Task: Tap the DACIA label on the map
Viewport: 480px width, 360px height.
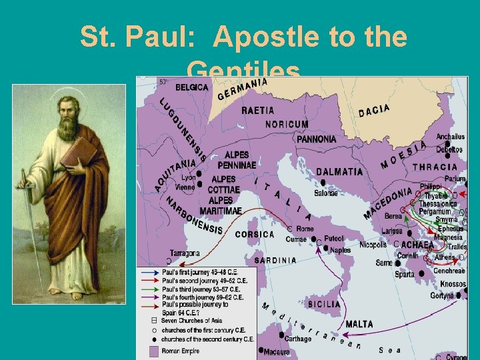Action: tap(374, 111)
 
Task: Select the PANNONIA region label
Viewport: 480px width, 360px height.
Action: tap(317, 139)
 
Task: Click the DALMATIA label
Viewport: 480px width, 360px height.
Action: tap(339, 171)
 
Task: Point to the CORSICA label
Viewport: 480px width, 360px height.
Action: tap(255, 235)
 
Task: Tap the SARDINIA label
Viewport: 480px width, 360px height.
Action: tap(275, 260)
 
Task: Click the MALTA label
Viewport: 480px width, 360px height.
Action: tap(359, 324)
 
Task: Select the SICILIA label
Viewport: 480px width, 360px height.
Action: tap(324, 305)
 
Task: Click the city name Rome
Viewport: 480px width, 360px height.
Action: tap(305, 229)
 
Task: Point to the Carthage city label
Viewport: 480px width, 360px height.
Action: tap(298, 339)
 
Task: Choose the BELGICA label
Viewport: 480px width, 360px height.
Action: tap(192, 87)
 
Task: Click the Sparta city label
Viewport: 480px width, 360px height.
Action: tap(405, 274)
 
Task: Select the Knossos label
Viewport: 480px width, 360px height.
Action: tap(453, 284)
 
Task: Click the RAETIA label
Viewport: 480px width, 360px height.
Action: tap(257, 110)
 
